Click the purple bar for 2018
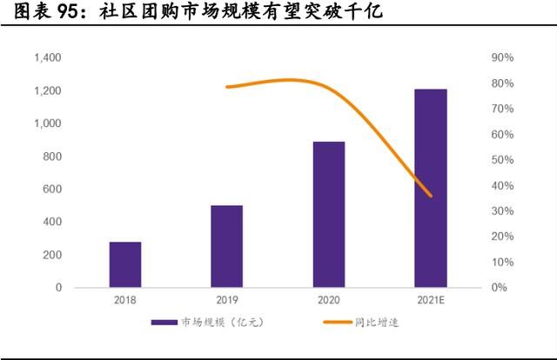[124, 264]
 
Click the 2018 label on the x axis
[124, 300]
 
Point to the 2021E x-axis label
[430, 300]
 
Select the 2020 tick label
[328, 300]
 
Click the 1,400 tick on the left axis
[47, 58]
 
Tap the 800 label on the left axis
[52, 157]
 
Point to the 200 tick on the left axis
[52, 255]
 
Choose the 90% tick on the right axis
[503, 58]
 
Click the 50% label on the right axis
[503, 160]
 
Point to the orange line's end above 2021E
[430, 196]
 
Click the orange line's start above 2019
[227, 87]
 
